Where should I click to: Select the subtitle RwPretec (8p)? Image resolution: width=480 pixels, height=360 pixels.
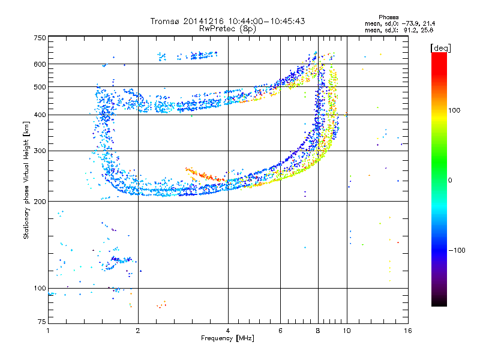pyautogui.click(x=228, y=28)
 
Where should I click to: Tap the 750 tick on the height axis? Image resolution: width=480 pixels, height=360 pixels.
pyautogui.click(x=40, y=37)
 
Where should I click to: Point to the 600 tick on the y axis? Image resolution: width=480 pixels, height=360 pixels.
pyautogui.click(x=40, y=64)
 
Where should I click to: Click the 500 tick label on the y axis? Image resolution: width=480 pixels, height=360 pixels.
pyautogui.click(x=40, y=87)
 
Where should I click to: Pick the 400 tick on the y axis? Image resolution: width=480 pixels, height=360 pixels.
pyautogui.click(x=40, y=115)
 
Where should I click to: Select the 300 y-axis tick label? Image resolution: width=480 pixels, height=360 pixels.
pyautogui.click(x=40, y=151)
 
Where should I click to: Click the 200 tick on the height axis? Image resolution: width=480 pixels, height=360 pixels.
pyautogui.click(x=40, y=201)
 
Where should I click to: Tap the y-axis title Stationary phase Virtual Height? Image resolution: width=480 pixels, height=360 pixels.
pyautogui.click(x=26, y=180)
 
